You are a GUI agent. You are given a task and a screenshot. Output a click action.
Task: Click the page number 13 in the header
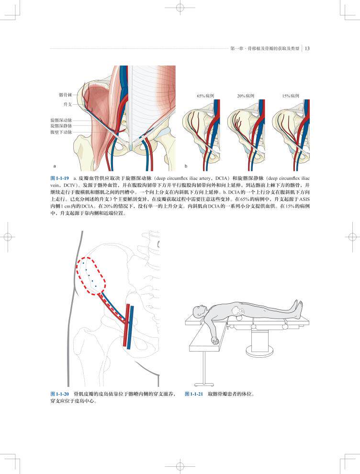pyautogui.click(x=307, y=48)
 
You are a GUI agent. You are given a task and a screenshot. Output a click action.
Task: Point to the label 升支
pyautogui.click(x=67, y=104)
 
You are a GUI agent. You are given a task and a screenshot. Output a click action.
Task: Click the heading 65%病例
pyautogui.click(x=204, y=96)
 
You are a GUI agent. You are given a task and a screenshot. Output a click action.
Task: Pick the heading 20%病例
pyautogui.click(x=245, y=96)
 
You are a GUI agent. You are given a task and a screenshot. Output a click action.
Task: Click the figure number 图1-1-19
pyautogui.click(x=60, y=177)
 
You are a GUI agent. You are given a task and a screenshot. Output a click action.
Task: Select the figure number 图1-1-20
pyautogui.click(x=60, y=394)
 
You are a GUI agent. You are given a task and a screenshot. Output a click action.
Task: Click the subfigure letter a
pyautogui.click(x=55, y=166)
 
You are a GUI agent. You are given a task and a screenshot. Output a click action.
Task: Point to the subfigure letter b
pyautogui.click(x=186, y=166)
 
